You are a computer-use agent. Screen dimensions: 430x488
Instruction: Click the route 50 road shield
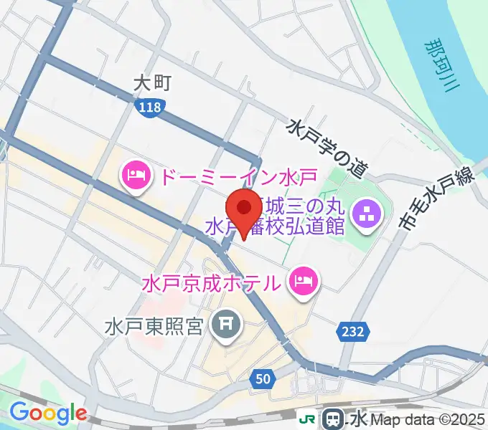[263, 378]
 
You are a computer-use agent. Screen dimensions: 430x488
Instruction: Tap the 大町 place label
[151, 83]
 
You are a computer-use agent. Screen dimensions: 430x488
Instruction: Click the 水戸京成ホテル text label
[211, 280]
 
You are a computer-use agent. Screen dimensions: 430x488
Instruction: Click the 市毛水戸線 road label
[438, 204]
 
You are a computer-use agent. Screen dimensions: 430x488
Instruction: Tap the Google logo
[47, 414]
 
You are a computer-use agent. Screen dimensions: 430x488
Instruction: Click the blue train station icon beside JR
[334, 419]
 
